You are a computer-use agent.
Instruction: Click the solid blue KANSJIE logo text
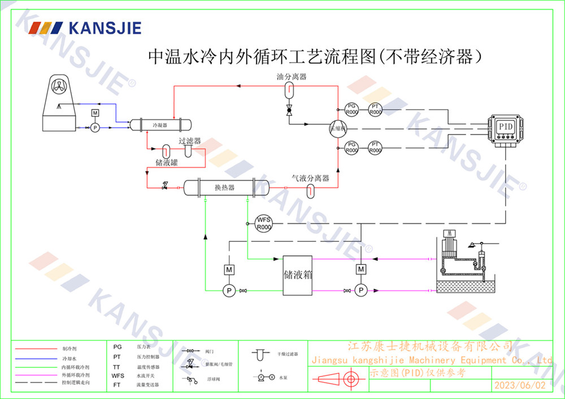tap(105, 28)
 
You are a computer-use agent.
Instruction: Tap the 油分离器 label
tap(292, 76)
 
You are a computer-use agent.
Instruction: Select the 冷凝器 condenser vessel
tap(162, 124)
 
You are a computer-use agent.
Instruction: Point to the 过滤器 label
tap(190, 141)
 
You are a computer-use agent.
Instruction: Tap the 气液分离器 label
tap(310, 178)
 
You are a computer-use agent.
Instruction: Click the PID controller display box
tap(504, 127)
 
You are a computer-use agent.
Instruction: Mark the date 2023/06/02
tap(520, 385)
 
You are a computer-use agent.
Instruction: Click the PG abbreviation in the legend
tap(118, 347)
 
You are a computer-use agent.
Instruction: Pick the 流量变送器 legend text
tap(148, 384)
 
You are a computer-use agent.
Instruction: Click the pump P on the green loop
tap(229, 290)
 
